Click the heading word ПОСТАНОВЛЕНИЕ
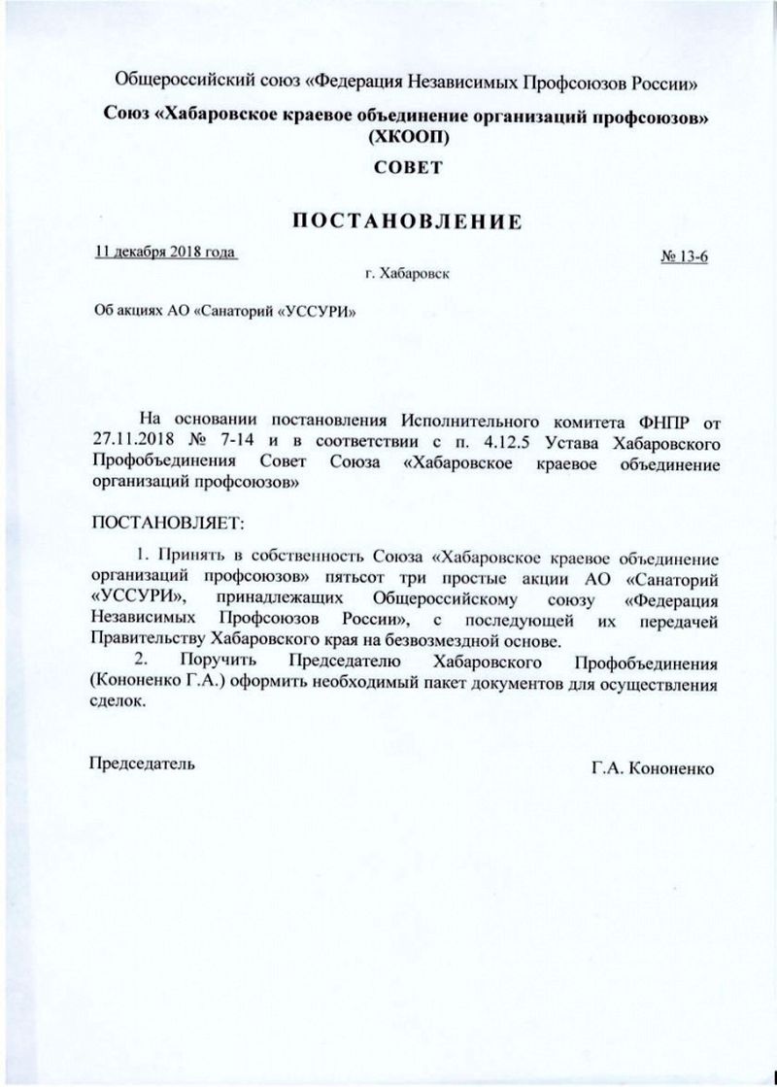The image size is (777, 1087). coord(408,221)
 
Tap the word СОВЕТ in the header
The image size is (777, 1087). coord(408,167)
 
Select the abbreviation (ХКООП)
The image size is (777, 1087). coord(408,138)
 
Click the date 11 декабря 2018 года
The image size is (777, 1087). coord(166,253)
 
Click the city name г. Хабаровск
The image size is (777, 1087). coord(408,275)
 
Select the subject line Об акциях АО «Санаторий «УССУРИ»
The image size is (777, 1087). coord(218,313)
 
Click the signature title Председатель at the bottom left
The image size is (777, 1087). coord(142,764)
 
